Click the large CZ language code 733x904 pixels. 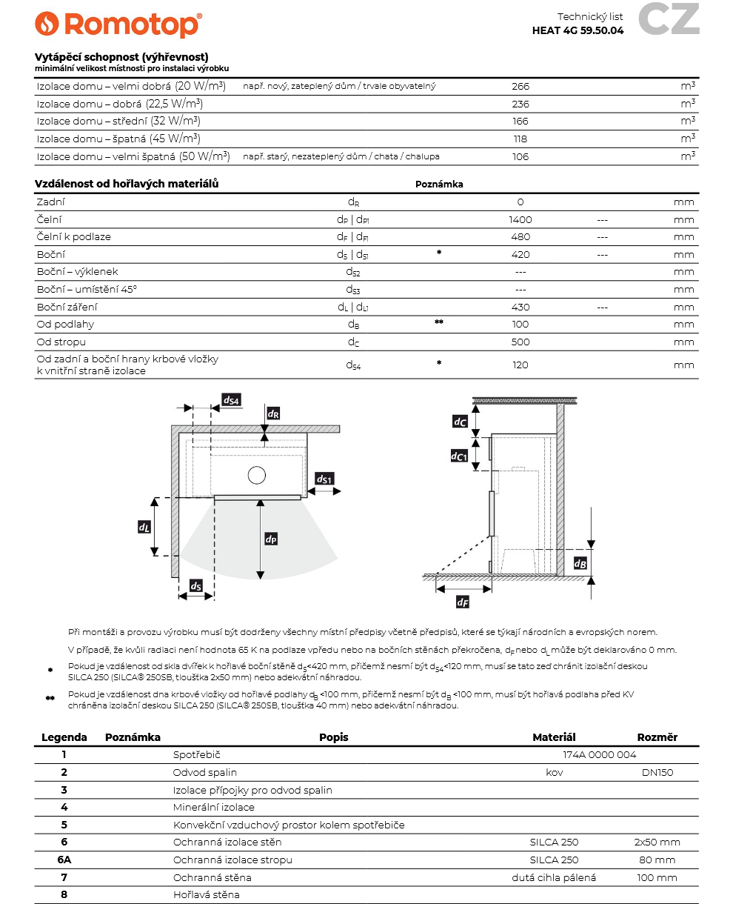click(x=669, y=19)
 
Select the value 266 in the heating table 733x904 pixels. click(x=521, y=86)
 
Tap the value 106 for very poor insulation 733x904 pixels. click(x=521, y=156)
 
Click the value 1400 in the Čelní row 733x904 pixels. click(x=521, y=219)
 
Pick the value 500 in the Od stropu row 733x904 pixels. click(x=521, y=342)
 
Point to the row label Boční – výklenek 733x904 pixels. click(x=78, y=272)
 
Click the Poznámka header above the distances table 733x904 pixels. click(x=439, y=185)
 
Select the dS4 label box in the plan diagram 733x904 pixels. click(x=232, y=400)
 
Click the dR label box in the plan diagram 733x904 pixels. click(x=273, y=413)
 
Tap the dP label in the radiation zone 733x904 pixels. click(x=271, y=539)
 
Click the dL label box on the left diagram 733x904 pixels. click(x=144, y=527)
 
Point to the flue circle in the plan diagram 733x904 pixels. click(x=257, y=476)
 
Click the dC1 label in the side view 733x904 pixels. click(x=459, y=456)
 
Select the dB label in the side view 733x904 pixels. click(x=580, y=563)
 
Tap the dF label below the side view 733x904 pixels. click(x=463, y=602)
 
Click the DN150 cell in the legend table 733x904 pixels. click(x=657, y=772)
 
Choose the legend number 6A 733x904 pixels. click(x=64, y=860)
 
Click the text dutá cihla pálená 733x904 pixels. click(x=554, y=877)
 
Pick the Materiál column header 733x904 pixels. click(x=554, y=737)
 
